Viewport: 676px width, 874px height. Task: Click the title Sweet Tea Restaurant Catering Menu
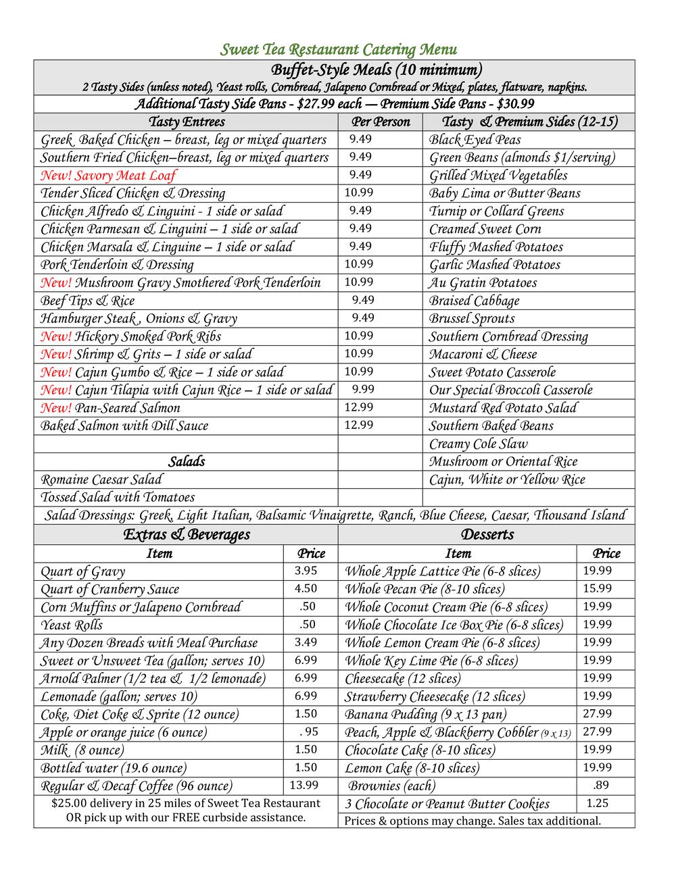click(339, 49)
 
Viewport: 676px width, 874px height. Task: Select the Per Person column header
click(381, 122)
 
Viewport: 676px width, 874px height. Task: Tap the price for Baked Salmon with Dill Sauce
click(358, 425)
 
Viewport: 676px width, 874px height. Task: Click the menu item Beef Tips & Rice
click(87, 301)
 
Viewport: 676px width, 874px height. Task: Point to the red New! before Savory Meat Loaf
click(56, 176)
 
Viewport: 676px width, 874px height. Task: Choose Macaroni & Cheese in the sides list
click(483, 355)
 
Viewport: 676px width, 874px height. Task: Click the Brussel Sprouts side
click(472, 319)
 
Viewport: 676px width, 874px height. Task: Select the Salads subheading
click(186, 462)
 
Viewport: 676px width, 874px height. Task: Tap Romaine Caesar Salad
click(101, 480)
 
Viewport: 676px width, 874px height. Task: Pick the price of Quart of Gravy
click(306, 571)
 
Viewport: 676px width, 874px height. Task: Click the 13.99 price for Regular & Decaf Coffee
click(304, 785)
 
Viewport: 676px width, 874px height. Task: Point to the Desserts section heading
click(487, 535)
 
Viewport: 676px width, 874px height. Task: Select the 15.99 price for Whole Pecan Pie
click(598, 589)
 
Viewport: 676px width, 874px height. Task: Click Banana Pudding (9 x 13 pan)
click(425, 715)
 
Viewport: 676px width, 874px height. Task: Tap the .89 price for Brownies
click(600, 785)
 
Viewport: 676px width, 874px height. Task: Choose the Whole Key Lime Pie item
click(431, 661)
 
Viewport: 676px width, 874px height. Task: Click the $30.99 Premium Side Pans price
click(515, 104)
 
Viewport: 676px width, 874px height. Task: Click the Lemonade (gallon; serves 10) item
click(119, 696)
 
